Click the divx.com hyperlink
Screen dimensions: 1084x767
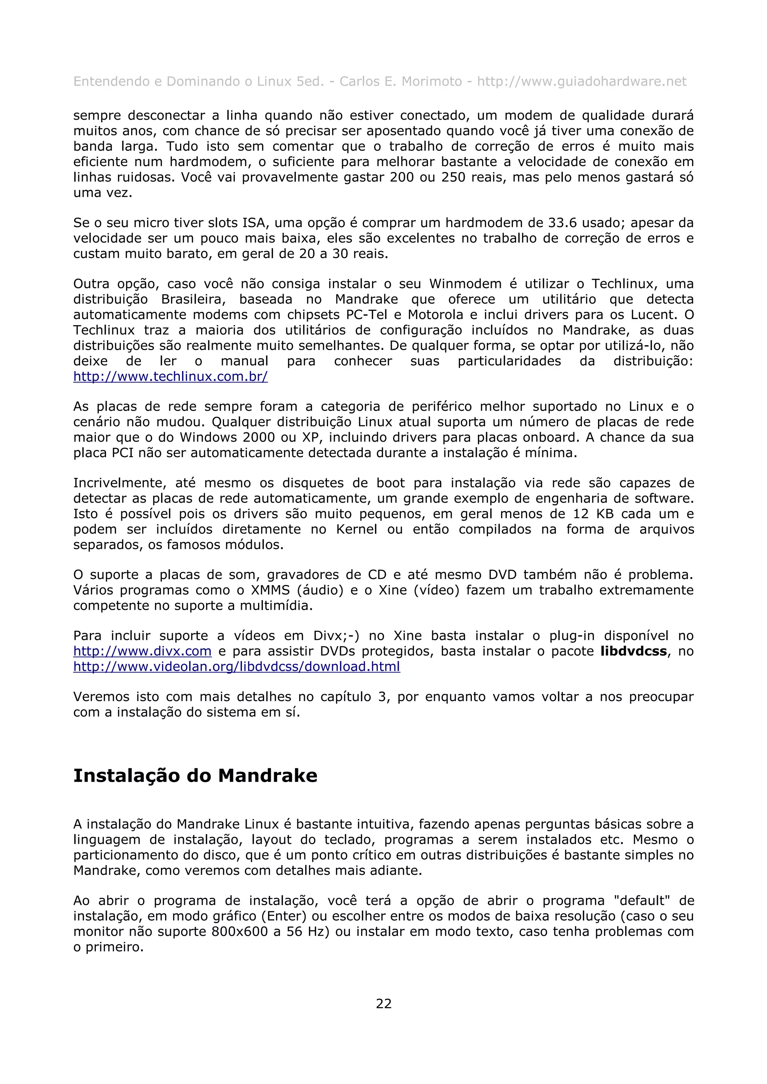pos(142,651)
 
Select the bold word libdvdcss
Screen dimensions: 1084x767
pos(633,651)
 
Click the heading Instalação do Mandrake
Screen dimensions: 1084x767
pos(195,776)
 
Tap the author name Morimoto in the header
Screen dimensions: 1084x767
pos(431,82)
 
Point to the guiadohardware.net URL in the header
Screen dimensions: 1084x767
pos(581,82)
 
